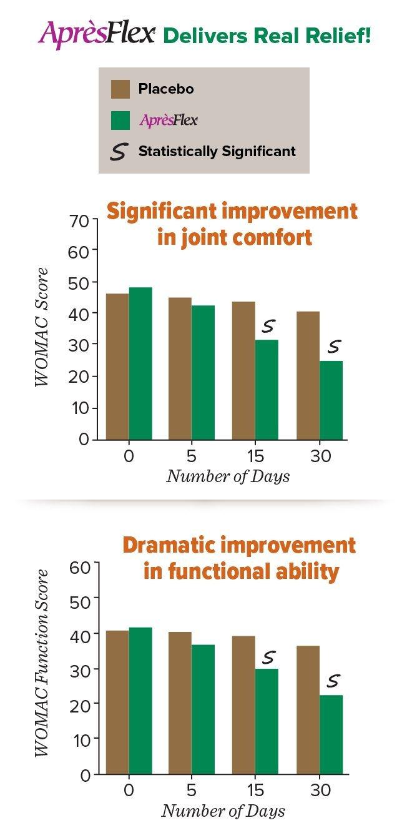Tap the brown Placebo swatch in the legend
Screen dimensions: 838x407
tap(120, 89)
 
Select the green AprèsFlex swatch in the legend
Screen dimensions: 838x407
tap(120, 121)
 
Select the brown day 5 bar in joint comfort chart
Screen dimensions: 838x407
tap(180, 368)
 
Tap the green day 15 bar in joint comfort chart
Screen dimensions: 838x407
tap(267, 390)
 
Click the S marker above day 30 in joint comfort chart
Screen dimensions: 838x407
tap(335, 345)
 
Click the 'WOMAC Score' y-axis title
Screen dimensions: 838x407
tap(42, 328)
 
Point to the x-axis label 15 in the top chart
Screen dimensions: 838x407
tap(256, 456)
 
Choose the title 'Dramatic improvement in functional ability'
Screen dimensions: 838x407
tap(239, 558)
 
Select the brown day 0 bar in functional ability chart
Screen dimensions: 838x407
tap(117, 702)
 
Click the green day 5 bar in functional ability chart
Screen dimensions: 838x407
tap(203, 709)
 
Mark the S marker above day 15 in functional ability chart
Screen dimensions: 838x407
tap(268, 657)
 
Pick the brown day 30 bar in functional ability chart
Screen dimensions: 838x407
tap(308, 710)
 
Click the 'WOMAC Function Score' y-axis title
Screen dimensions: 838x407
tap(42, 663)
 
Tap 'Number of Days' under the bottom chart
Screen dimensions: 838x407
tap(223, 811)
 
